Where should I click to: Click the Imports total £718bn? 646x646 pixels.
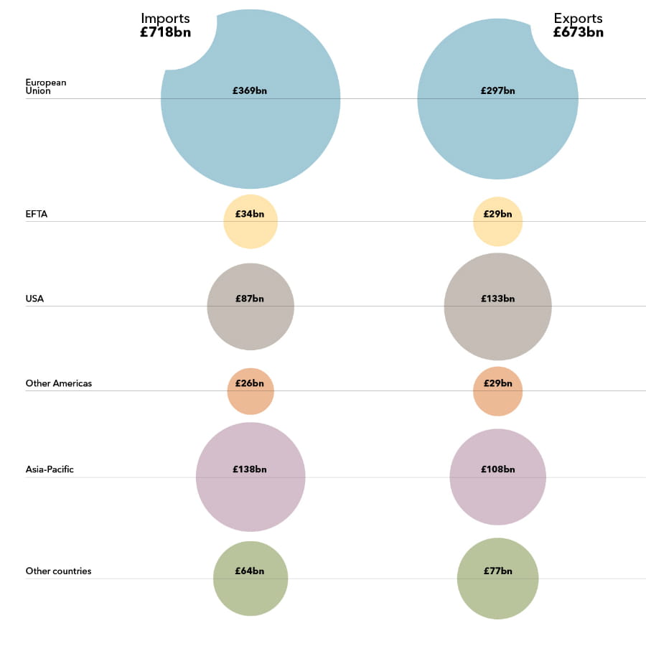coord(165,32)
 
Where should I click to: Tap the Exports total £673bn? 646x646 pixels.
coord(578,32)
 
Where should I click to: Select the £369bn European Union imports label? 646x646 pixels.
coord(250,91)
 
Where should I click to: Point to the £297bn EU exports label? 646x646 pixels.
coord(498,91)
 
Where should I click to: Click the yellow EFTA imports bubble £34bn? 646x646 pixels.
coord(251,222)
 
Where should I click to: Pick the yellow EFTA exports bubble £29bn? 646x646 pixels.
coord(497,222)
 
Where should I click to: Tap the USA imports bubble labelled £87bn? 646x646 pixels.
coord(251,306)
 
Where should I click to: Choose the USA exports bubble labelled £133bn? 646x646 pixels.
coord(497,306)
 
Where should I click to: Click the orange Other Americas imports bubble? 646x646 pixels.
coord(251,391)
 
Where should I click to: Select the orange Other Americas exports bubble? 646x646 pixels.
coord(497,391)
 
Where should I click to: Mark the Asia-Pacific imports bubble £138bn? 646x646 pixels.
coord(251,477)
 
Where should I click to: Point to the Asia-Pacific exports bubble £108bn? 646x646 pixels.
coord(497,477)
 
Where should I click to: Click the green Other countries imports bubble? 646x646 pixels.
coord(251,579)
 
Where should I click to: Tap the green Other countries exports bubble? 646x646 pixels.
coord(497,579)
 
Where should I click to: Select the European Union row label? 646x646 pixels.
coord(46,87)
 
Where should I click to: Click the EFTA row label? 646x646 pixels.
coord(37,214)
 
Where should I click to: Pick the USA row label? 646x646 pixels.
coord(34,299)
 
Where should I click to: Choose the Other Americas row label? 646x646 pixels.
coord(59,383)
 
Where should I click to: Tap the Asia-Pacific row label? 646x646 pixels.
coord(50,469)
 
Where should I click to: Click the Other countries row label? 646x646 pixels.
coord(59,571)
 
